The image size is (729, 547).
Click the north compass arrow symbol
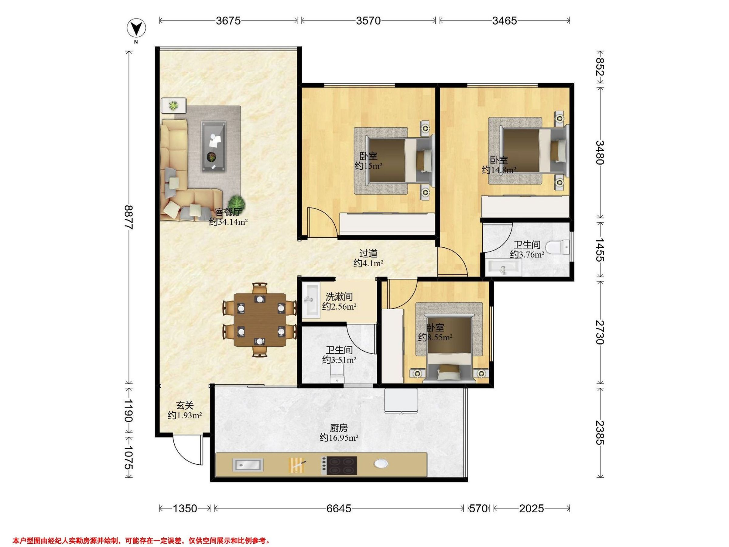136,29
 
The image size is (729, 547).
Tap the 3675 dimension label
228,21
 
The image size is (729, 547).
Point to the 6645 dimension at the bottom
339,508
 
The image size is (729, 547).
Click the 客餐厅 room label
228,212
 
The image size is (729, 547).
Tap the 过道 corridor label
368,253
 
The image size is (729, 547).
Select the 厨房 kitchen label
339,428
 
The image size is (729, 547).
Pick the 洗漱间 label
339,297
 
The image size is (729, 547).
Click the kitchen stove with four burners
339,465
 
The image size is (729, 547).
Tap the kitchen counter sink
248,465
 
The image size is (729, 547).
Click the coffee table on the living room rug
214,146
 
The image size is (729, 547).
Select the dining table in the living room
260,320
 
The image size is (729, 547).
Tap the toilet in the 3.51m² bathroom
337,375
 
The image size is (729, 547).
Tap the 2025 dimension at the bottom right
532,508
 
